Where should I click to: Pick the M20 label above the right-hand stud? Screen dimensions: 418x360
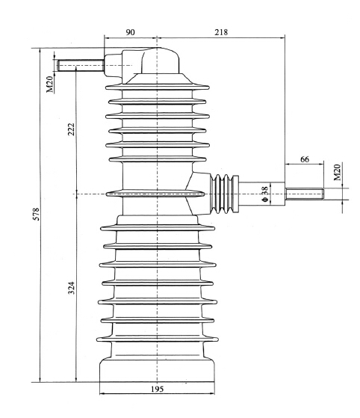(x=338, y=173)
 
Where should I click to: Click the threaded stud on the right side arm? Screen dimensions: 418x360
(x=302, y=194)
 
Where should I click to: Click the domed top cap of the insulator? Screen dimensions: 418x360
(x=149, y=60)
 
